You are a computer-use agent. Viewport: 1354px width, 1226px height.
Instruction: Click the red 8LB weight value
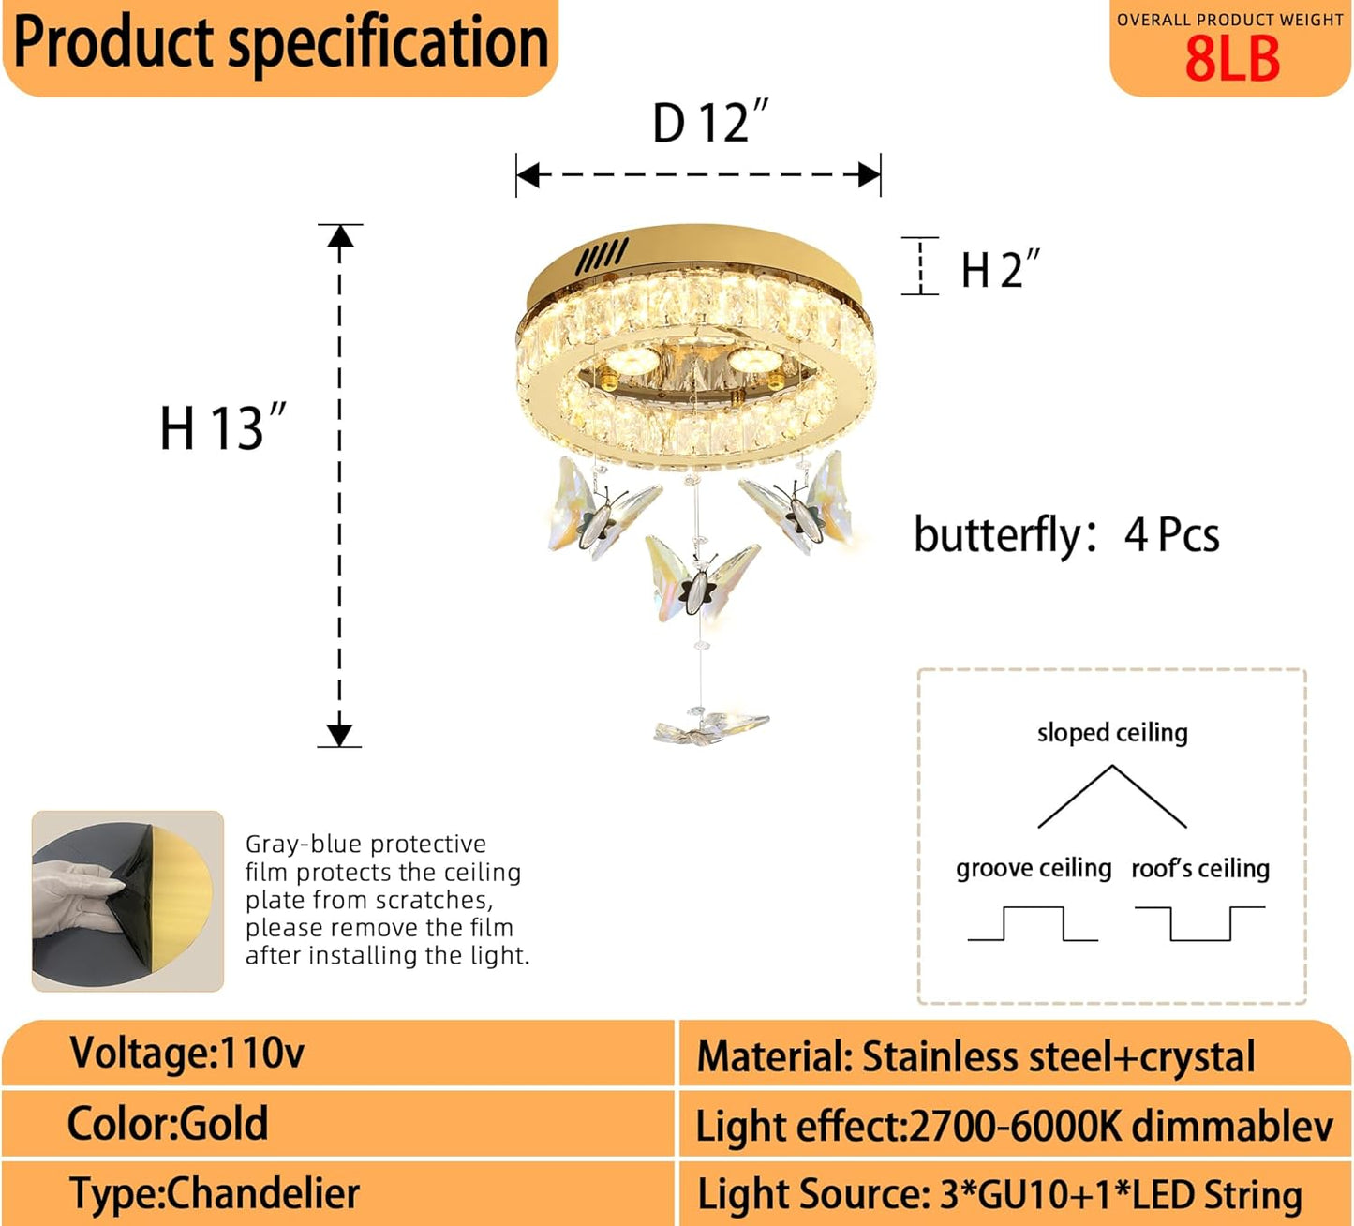tap(1231, 60)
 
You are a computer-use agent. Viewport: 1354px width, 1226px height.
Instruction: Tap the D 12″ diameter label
tap(709, 123)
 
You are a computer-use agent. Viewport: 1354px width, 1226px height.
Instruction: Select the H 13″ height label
tap(222, 428)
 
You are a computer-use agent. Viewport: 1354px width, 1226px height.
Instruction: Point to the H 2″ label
tap(1000, 270)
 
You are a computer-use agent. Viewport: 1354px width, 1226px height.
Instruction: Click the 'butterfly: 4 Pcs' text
tap(1066, 535)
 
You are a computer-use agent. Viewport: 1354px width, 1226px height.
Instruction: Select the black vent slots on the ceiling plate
tap(602, 257)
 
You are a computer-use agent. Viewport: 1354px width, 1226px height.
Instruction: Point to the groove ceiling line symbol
tap(1033, 923)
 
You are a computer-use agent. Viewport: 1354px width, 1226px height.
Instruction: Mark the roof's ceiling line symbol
tap(1199, 923)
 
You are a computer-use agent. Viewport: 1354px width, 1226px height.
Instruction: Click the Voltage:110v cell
tap(187, 1054)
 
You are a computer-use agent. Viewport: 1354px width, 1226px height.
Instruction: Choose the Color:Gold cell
tap(168, 1123)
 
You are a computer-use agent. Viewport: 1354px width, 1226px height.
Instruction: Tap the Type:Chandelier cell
tap(215, 1193)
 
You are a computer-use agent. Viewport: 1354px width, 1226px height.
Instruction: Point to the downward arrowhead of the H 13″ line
tap(339, 734)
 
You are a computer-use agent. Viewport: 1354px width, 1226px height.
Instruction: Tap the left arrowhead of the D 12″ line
tap(528, 175)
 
